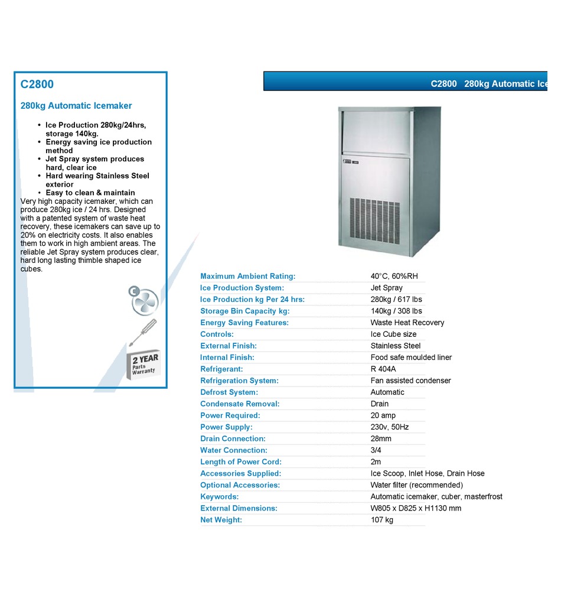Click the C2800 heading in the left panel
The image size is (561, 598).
[x=37, y=84]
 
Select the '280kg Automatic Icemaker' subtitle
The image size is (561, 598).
[x=76, y=106]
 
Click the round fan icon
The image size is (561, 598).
[x=144, y=300]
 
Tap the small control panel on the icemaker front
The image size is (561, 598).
[x=348, y=160]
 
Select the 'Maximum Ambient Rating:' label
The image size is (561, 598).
[x=247, y=277]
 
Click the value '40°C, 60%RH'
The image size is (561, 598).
[x=394, y=277]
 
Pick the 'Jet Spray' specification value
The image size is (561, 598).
[x=386, y=288]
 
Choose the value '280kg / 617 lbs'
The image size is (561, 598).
[x=396, y=300]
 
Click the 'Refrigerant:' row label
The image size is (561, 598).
[x=221, y=369]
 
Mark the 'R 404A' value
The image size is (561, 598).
[x=383, y=369]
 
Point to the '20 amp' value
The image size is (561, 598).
[x=384, y=415]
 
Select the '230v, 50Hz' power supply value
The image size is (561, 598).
[x=389, y=427]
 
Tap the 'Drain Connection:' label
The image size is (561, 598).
[x=233, y=439]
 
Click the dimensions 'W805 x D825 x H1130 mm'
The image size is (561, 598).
[x=416, y=508]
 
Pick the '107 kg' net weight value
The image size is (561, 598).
[x=381, y=520]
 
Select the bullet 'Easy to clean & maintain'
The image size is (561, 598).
[x=90, y=193]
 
